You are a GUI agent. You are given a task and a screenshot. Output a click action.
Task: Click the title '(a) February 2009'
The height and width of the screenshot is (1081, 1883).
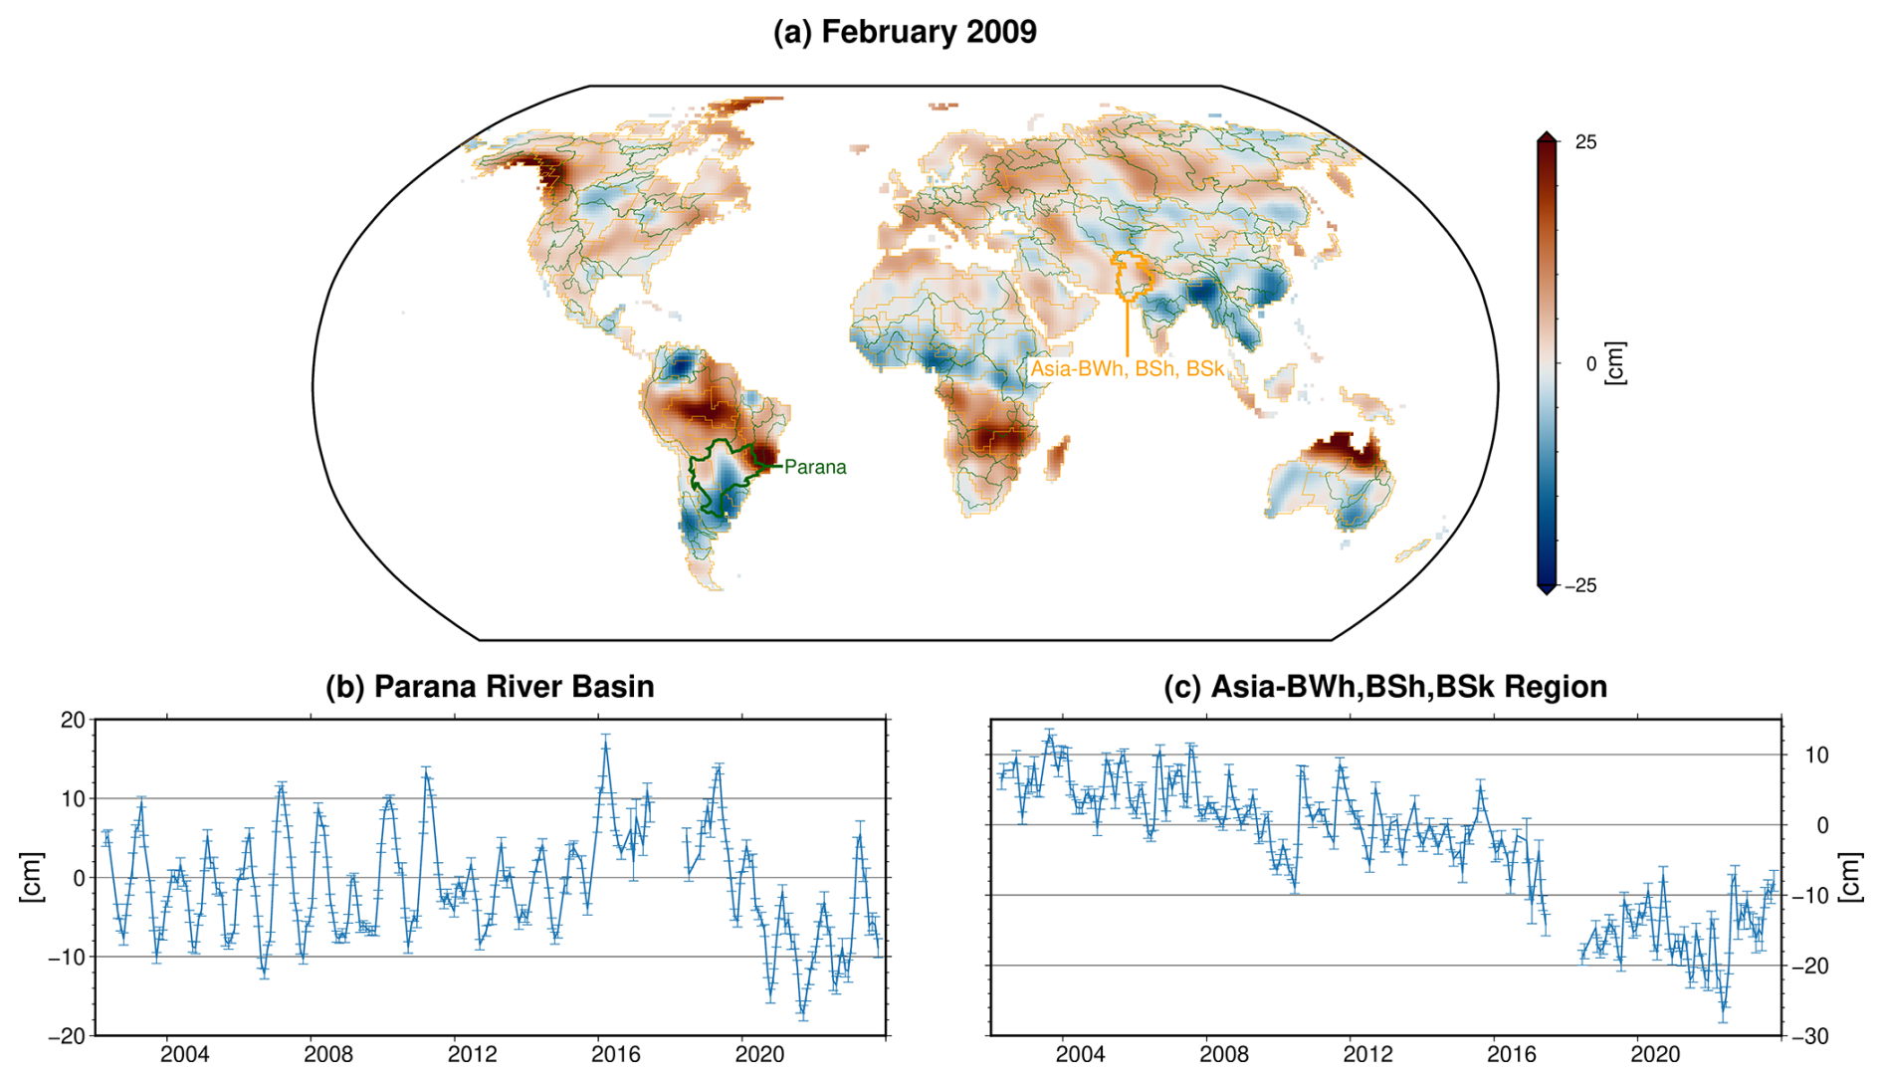[x=905, y=32]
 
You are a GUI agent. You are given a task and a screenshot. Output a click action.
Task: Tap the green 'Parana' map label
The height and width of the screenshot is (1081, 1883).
[x=815, y=467]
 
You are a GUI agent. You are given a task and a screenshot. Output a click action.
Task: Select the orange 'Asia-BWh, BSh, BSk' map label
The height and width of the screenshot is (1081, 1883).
[x=1127, y=368]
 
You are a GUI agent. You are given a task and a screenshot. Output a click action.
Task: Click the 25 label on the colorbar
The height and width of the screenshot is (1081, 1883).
[x=1585, y=142]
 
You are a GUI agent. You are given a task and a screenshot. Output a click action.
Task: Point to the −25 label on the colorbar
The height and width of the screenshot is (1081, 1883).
[x=1580, y=585]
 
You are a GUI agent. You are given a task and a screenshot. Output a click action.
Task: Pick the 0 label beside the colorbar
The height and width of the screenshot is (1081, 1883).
[x=1590, y=364]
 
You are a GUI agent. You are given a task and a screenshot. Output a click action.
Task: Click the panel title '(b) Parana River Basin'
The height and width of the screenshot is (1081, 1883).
[x=490, y=687]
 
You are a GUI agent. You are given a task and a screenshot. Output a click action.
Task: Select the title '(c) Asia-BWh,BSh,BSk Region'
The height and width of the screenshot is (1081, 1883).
[x=1385, y=687]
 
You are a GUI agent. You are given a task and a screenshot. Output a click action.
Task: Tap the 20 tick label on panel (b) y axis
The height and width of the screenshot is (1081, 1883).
[x=73, y=720]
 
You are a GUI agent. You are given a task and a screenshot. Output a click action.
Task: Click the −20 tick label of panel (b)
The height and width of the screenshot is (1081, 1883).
[x=67, y=1036]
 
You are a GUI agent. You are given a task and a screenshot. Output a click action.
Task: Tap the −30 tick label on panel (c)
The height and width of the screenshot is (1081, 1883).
[x=1809, y=1036]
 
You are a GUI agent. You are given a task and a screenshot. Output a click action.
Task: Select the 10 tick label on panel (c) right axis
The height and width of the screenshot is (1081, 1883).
[x=1816, y=756]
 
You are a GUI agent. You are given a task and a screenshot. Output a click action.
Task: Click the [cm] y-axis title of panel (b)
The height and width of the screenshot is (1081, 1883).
[x=32, y=878]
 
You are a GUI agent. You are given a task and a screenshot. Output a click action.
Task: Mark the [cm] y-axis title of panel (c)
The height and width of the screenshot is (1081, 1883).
[x=1850, y=878]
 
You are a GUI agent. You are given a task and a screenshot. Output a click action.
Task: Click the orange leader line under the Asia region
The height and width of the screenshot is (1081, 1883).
[x=1127, y=328]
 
